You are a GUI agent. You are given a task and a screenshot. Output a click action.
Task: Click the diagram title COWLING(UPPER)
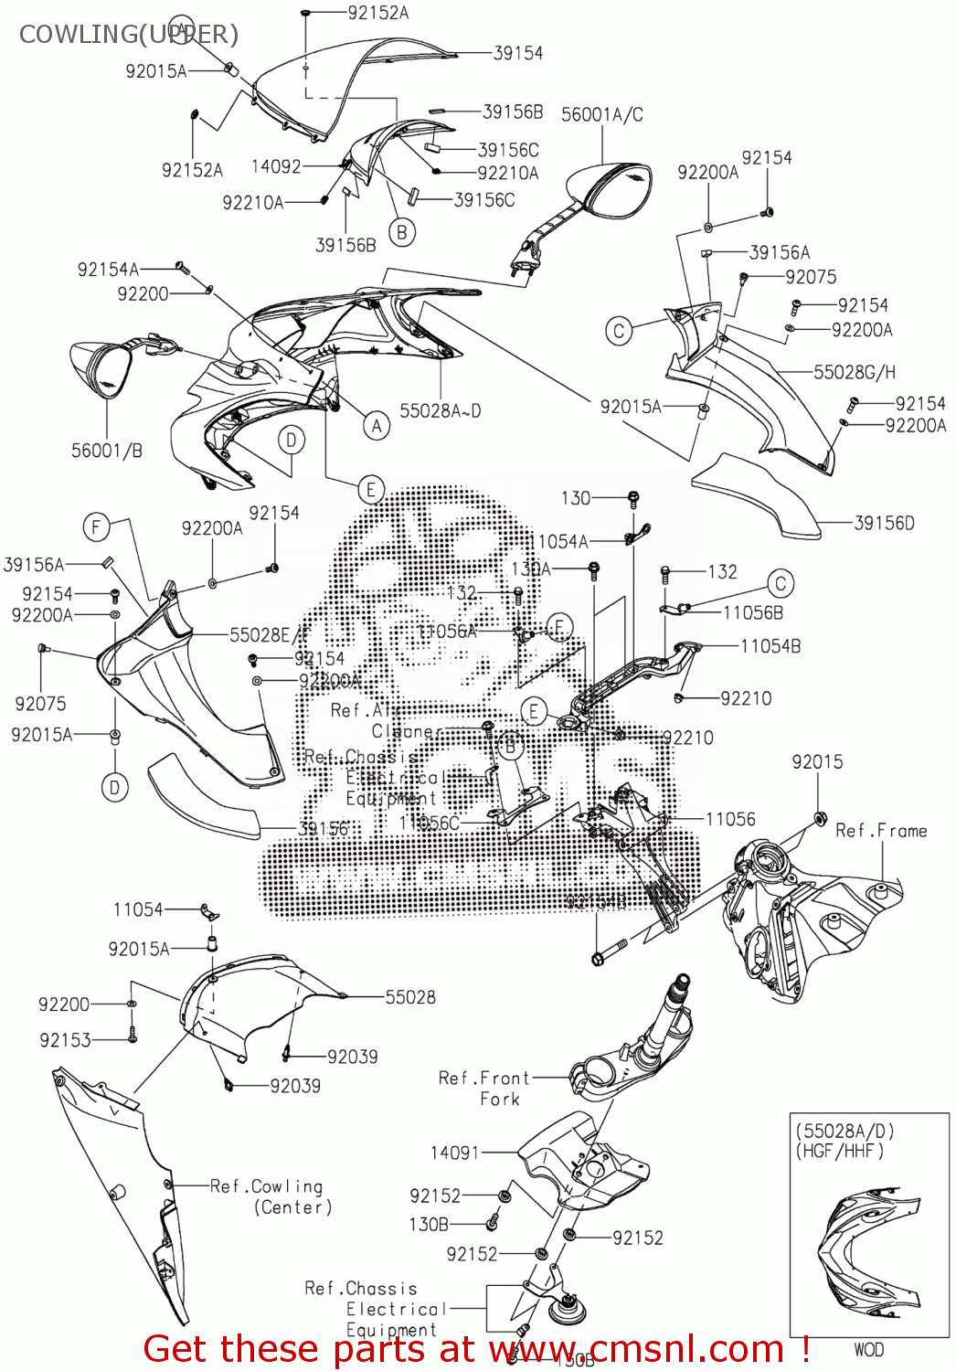(x=128, y=34)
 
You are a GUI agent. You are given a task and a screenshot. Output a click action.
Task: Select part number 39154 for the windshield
(x=517, y=53)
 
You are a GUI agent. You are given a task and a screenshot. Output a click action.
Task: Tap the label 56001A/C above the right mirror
(x=601, y=114)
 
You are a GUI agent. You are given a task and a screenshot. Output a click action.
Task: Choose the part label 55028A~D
(x=440, y=411)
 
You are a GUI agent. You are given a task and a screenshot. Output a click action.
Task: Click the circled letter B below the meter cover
(x=401, y=232)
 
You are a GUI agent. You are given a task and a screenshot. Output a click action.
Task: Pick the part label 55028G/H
(x=854, y=372)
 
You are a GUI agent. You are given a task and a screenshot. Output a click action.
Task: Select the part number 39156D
(x=884, y=523)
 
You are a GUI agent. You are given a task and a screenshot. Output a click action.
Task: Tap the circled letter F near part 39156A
(x=96, y=526)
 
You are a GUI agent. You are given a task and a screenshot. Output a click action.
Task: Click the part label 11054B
(x=770, y=646)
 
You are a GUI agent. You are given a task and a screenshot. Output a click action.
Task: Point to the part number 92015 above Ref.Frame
(x=817, y=761)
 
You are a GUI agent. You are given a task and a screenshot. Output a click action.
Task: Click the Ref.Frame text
(x=881, y=830)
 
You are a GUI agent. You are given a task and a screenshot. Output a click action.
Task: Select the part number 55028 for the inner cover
(x=410, y=997)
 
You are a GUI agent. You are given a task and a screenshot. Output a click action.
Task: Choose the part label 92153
(x=65, y=1040)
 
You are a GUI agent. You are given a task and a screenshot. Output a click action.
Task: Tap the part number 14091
(x=454, y=1153)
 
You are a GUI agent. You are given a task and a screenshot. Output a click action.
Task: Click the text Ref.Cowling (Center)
(x=271, y=1196)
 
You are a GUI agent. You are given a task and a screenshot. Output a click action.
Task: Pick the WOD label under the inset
(x=868, y=1349)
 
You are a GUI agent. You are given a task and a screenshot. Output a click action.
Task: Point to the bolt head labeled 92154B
(x=598, y=959)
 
